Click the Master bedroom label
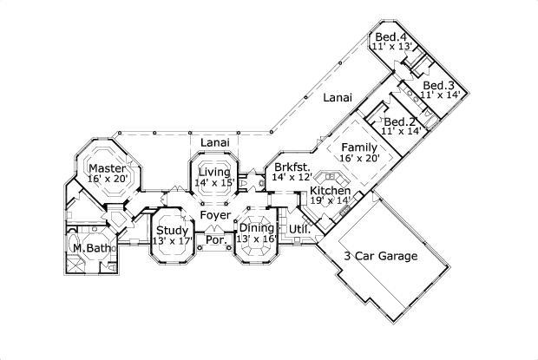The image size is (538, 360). (108, 167)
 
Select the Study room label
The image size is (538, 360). (172, 230)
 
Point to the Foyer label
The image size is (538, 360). (214, 215)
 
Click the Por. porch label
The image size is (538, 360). (214, 240)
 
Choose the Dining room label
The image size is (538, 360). (257, 228)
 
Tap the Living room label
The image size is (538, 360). (213, 172)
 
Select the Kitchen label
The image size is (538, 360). (330, 191)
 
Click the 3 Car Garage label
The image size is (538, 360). (379, 257)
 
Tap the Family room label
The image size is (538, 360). (358, 147)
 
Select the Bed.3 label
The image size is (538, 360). (437, 85)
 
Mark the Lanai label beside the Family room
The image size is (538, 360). (337, 99)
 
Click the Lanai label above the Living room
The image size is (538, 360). (213, 141)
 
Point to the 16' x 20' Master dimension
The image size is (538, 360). (108, 179)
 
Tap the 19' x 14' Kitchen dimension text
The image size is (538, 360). (330, 201)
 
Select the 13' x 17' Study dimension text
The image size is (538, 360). (172, 241)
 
